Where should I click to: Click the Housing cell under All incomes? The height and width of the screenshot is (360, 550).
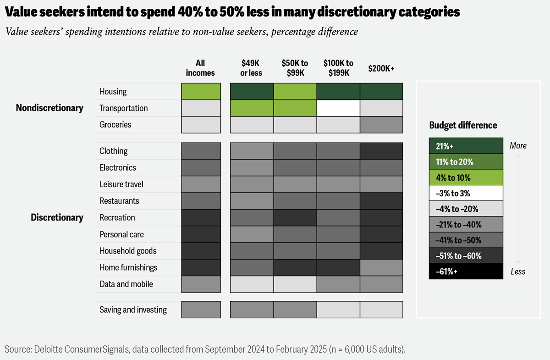201,91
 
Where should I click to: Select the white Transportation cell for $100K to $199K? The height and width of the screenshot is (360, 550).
338,108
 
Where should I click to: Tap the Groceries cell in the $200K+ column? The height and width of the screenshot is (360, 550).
381,125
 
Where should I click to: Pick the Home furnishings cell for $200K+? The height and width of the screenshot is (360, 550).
381,267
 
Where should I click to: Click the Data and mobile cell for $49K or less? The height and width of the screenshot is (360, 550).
252,284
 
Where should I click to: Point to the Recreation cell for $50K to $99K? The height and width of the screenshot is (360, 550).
295,217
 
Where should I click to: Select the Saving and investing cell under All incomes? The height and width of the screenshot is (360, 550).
201,310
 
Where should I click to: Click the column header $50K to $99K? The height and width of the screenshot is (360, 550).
295,68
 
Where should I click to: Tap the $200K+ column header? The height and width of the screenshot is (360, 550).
381,68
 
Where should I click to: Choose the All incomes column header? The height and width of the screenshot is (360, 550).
200,68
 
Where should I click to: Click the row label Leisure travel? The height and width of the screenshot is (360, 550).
121,184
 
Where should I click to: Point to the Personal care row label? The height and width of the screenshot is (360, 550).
121,234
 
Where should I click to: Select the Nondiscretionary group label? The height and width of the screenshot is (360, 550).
49,108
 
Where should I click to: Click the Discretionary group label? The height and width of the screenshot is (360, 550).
57,217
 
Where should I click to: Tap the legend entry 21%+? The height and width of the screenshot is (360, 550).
465,146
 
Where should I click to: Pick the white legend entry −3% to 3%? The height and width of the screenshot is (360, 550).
465,193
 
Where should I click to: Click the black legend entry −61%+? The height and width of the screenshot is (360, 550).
465,271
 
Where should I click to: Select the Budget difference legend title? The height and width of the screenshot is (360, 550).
463,125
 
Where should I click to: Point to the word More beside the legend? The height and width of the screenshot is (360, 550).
518,146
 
